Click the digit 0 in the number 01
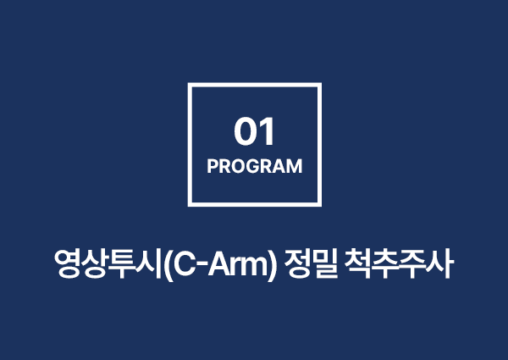coord(245,131)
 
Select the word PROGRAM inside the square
coord(255,166)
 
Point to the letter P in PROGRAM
coord(213,166)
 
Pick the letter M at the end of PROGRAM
coord(295,166)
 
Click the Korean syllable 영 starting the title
coord(68,263)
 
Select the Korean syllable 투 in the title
coord(121,263)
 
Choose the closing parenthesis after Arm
coord(273,265)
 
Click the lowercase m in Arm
coord(256,268)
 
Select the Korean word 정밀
coord(311,263)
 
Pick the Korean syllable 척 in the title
coord(357,263)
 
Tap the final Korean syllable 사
coord(439,263)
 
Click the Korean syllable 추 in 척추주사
coord(385,263)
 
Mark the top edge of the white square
coord(255,85)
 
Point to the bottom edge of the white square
coord(255,204)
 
